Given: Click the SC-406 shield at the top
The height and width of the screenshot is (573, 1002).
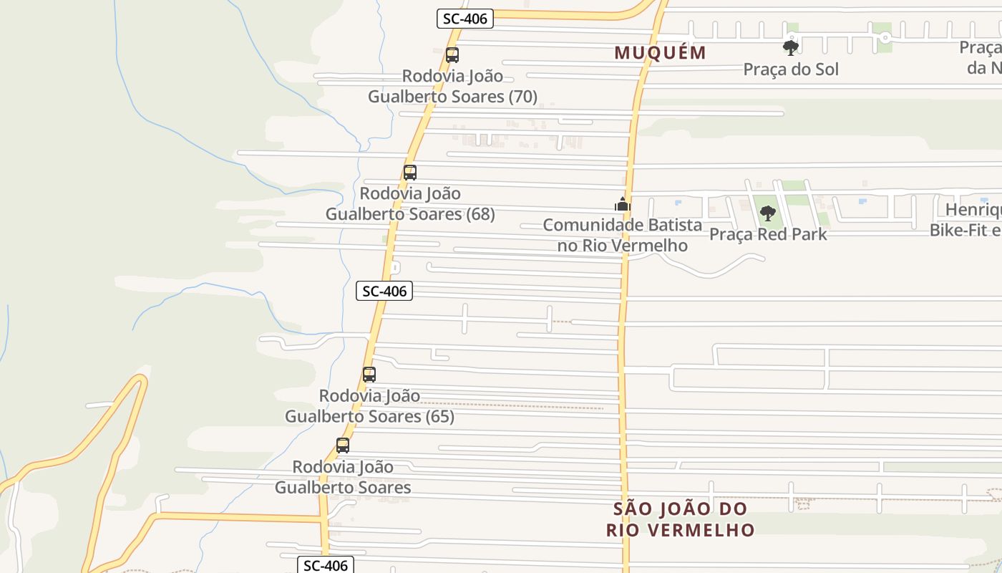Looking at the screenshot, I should [465, 19].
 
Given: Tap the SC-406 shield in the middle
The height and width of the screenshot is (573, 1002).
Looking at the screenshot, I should [384, 292].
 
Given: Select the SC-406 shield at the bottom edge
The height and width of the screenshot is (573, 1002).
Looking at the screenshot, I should [326, 565].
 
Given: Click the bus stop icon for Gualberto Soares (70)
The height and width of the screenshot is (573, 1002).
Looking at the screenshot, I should [452, 55].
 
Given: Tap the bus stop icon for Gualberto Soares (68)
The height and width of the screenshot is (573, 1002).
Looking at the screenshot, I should [409, 173].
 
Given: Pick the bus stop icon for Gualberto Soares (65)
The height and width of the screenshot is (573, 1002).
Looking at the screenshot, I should [369, 375].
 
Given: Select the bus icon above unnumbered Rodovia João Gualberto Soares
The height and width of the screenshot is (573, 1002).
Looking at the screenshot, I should [343, 446].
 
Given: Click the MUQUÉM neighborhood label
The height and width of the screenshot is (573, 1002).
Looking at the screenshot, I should [661, 52].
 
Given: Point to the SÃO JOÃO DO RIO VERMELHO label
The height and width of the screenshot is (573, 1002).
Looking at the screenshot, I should [680, 519].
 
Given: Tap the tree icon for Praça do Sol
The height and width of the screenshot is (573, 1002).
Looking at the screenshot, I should [791, 48].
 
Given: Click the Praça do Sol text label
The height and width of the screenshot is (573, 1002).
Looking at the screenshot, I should [791, 69].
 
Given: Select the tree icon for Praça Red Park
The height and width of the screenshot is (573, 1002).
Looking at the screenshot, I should [768, 213].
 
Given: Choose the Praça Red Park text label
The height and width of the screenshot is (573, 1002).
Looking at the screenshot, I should [768, 234].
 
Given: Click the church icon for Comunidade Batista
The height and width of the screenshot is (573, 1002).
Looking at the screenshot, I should [623, 205].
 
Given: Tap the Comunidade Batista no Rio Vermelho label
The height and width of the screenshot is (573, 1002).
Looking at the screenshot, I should [623, 235].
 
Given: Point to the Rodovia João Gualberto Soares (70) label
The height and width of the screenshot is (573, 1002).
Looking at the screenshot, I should [452, 86].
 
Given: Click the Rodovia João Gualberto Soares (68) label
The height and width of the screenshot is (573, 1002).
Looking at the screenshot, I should [410, 203].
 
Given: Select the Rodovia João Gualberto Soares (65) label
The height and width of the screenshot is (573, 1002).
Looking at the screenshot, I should [369, 405].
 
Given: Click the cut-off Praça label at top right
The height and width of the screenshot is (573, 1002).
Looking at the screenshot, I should [981, 57].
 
